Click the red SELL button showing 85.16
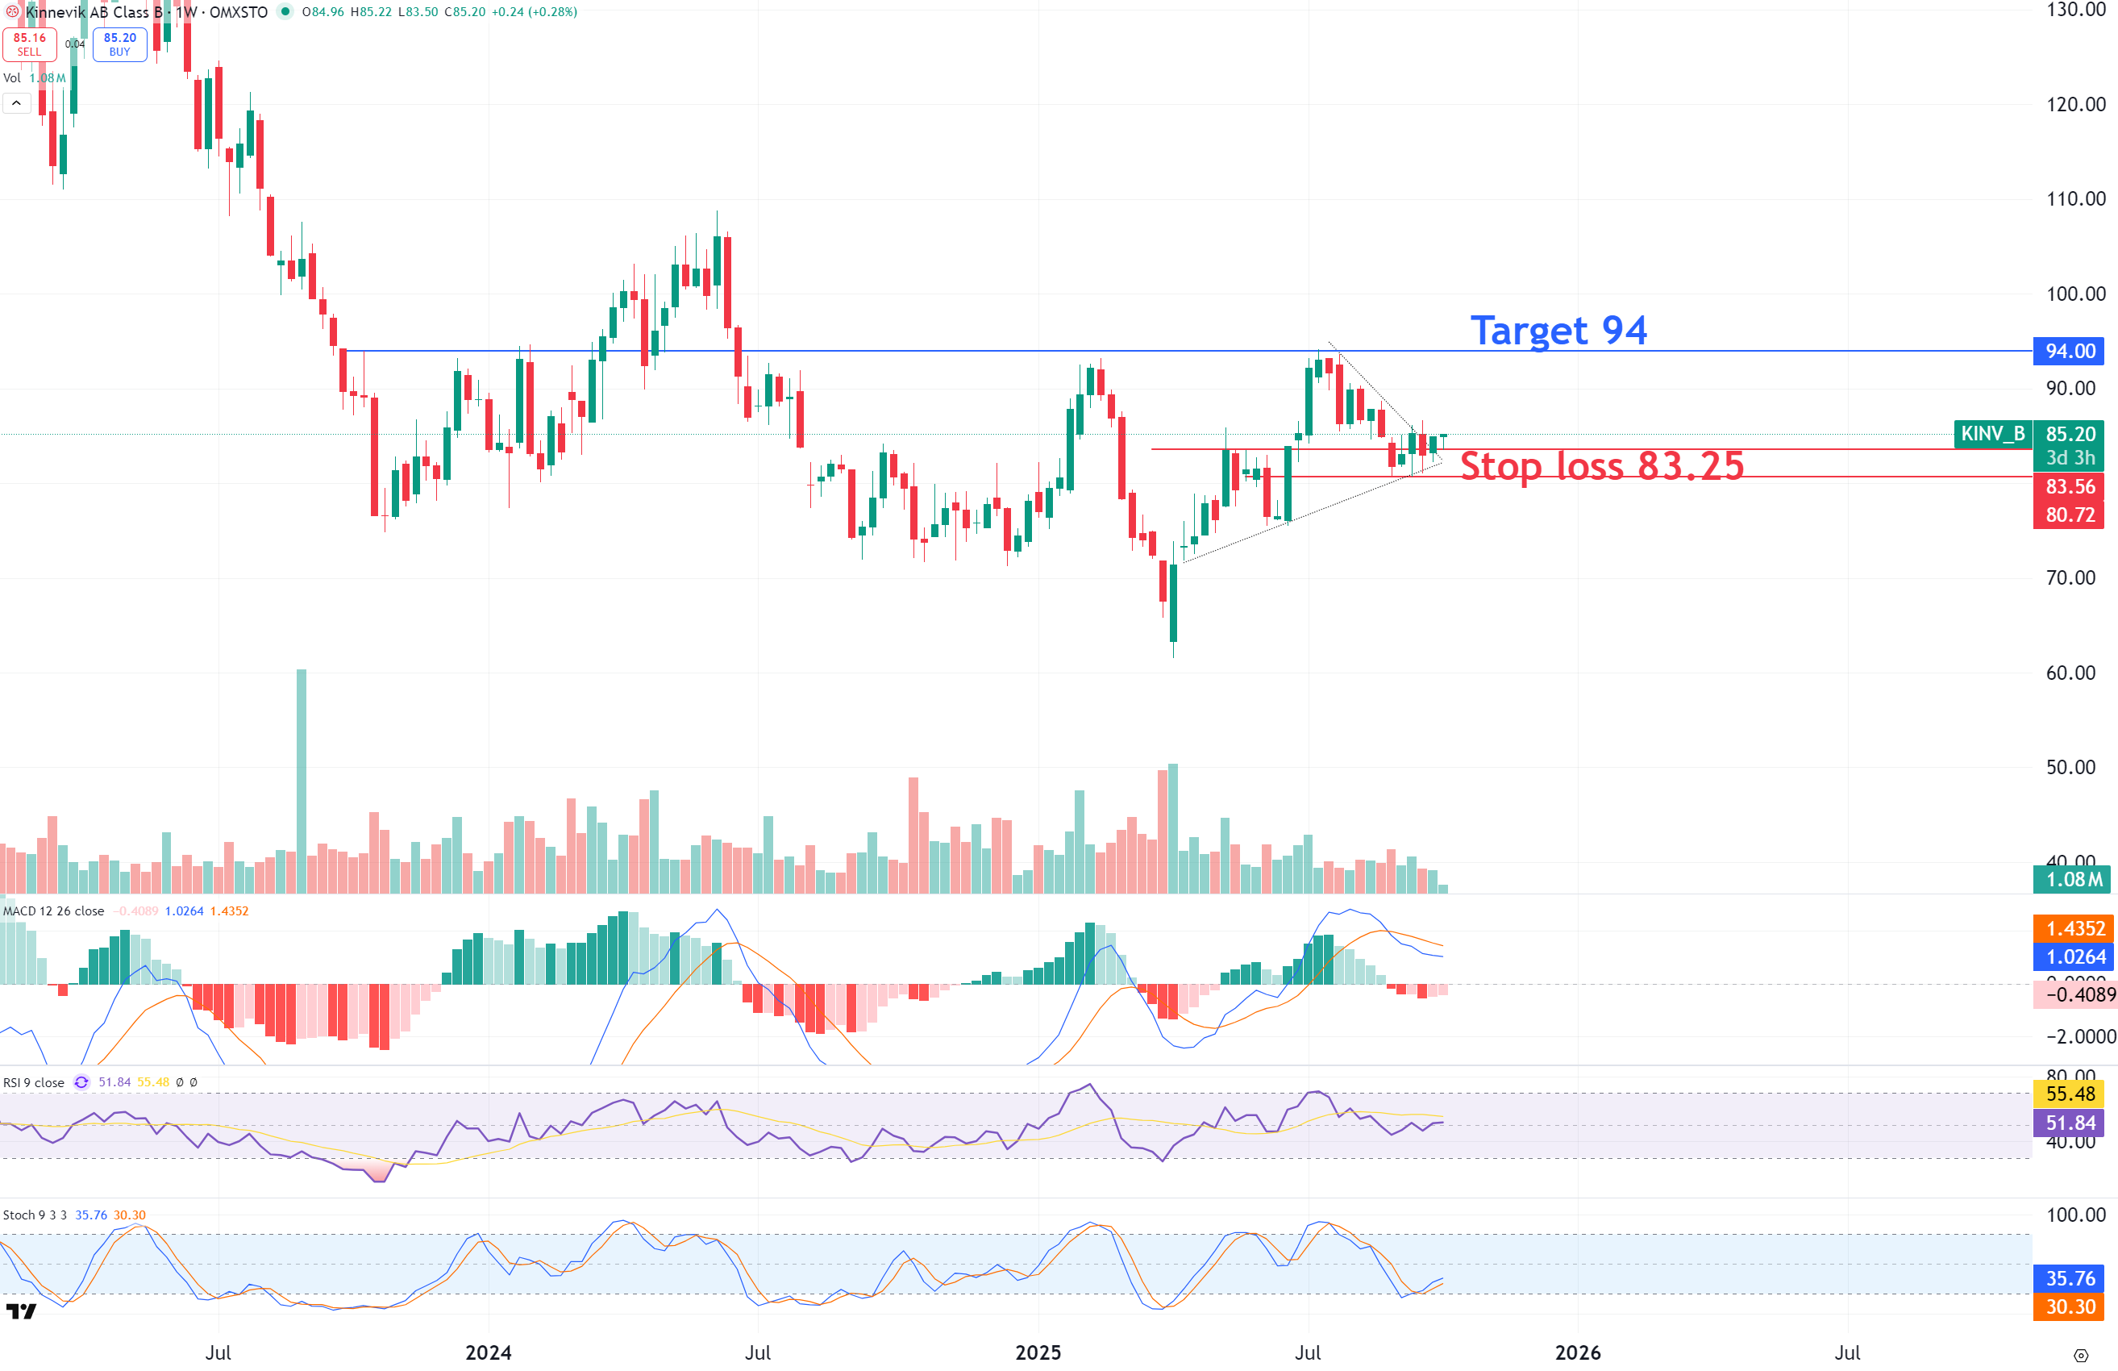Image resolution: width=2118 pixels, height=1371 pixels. point(29,44)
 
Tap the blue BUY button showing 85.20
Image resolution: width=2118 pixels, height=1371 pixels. point(119,44)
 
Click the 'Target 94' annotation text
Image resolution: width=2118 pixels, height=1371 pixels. point(1558,331)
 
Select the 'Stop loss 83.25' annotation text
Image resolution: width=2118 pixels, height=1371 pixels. point(1602,465)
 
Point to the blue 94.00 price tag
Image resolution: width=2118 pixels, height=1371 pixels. point(2068,351)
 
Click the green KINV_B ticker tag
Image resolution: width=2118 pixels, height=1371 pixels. point(1992,434)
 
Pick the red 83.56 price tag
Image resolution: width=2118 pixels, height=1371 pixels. point(2068,486)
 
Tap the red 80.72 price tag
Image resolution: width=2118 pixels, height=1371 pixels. point(2068,515)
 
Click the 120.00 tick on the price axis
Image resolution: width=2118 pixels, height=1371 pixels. point(2075,104)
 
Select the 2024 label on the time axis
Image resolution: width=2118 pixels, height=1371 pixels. point(489,1352)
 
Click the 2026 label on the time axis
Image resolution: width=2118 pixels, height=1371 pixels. point(1578,1352)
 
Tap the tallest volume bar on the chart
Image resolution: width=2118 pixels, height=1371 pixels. point(302,780)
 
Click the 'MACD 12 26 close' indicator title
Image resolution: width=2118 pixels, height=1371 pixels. point(53,911)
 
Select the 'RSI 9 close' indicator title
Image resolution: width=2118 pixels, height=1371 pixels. point(34,1082)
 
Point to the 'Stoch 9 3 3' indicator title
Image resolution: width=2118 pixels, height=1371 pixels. point(35,1215)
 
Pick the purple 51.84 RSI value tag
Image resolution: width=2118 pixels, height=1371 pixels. point(2070,1123)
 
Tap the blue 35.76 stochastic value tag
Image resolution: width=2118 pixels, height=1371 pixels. point(2070,1278)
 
